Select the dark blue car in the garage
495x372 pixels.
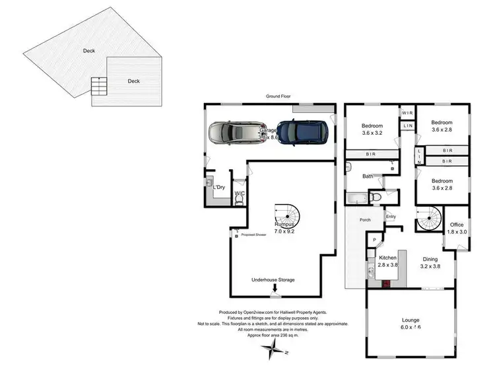pos(302,131)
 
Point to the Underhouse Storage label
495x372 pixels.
pos(273,280)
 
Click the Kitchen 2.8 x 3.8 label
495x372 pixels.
pos(388,262)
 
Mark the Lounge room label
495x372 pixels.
pos(411,322)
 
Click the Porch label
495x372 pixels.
pos(365,220)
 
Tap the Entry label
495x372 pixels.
pos(391,216)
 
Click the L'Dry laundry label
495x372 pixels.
pos(218,188)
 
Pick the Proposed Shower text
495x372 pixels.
pos(253,235)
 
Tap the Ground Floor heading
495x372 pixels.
pos(279,96)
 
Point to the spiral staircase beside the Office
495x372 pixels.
pos(430,217)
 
